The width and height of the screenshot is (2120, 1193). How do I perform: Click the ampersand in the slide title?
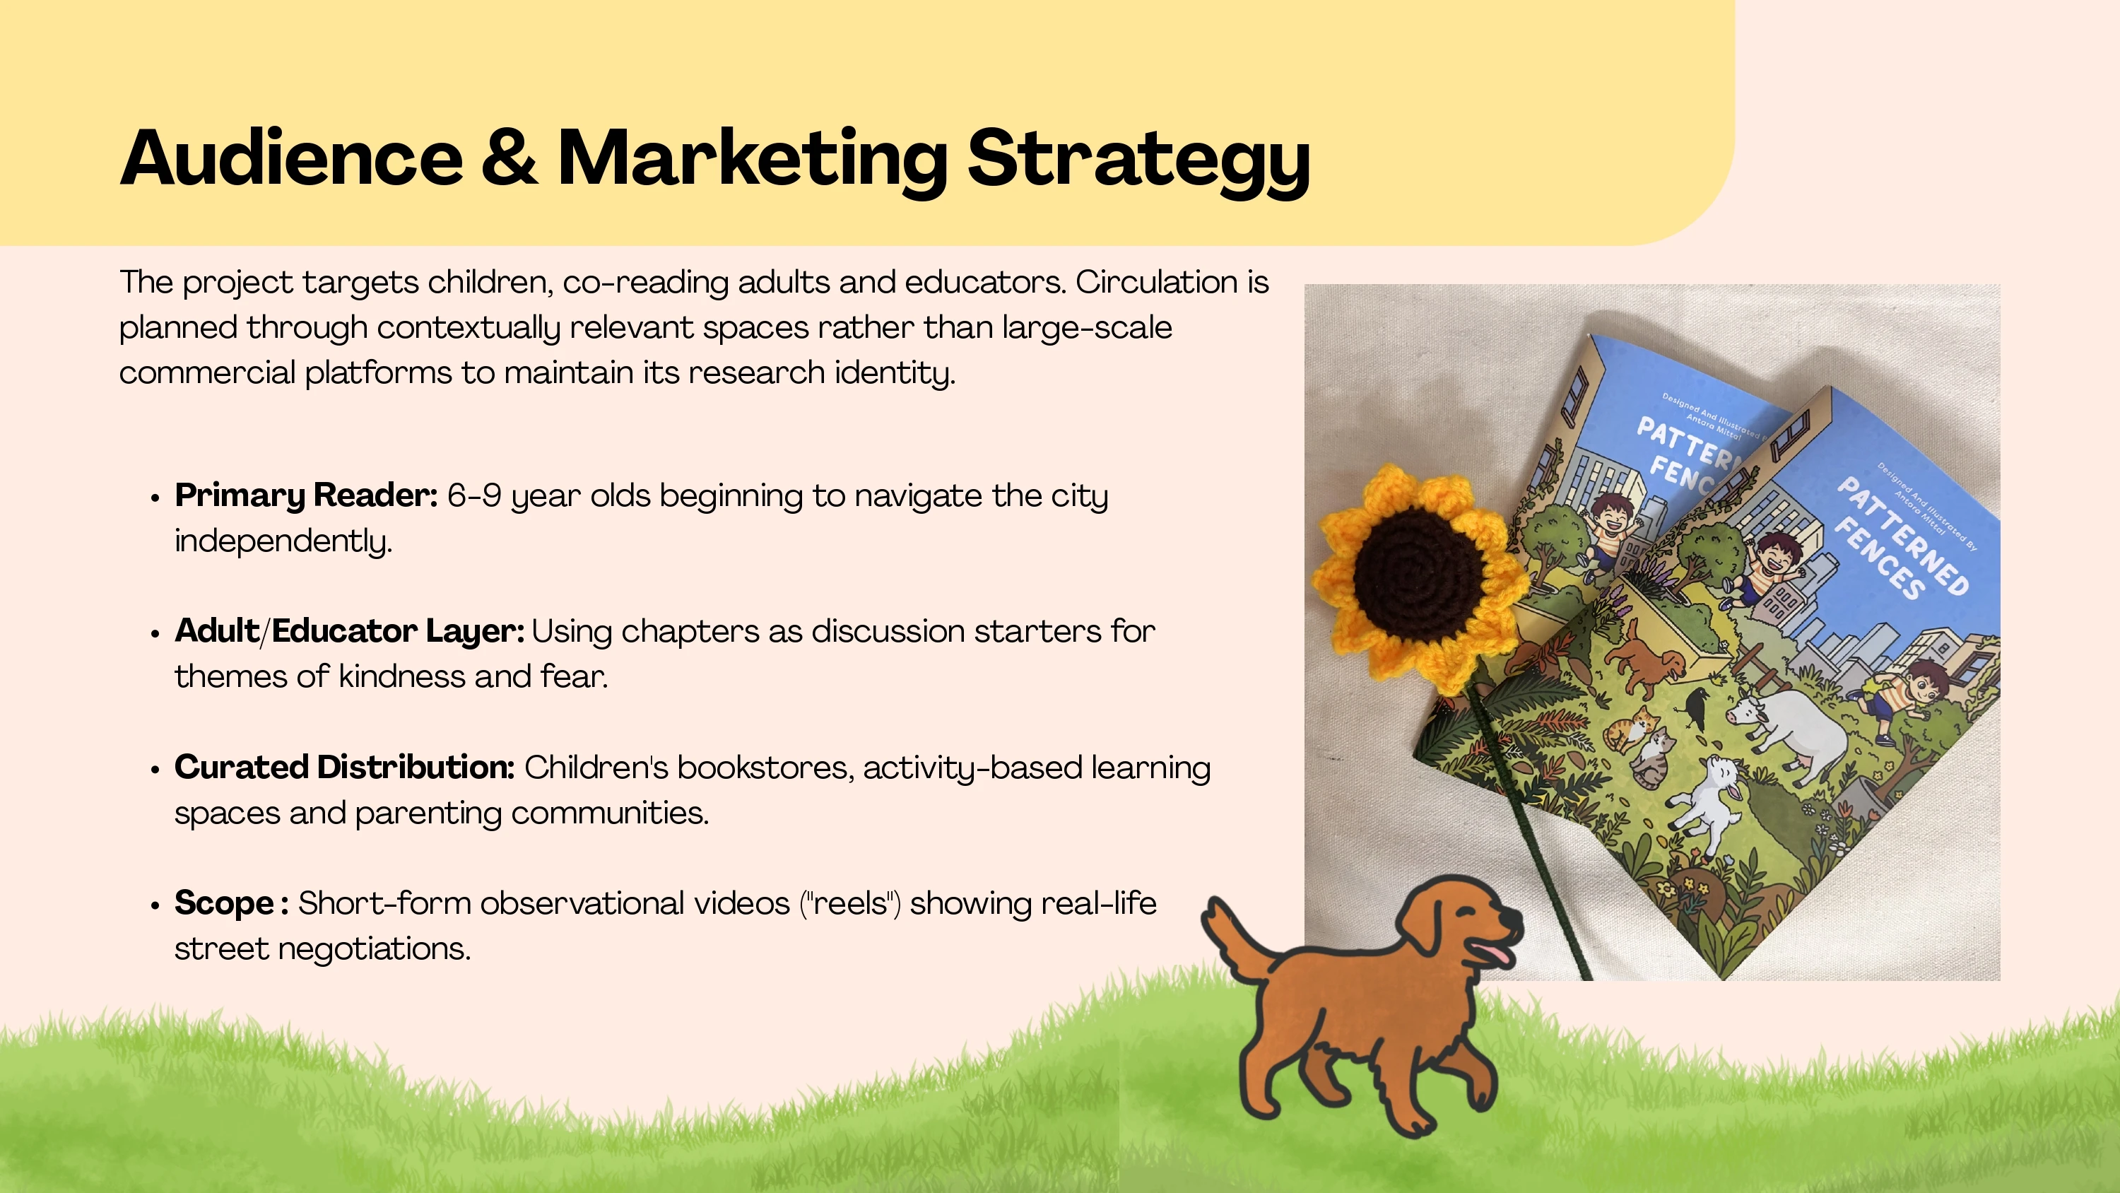click(510, 158)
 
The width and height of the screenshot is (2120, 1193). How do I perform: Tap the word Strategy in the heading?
click(1138, 162)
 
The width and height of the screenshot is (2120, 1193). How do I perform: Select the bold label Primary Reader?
click(306, 496)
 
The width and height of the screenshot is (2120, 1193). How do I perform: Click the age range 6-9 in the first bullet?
click(474, 495)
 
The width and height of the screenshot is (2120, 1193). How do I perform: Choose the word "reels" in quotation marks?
click(851, 903)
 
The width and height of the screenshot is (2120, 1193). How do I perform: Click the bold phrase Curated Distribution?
click(344, 768)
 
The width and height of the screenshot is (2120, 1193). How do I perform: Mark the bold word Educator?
click(344, 632)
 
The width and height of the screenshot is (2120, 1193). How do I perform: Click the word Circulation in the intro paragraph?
click(1156, 283)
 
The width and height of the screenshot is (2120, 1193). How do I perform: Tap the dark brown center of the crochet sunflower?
click(1419, 568)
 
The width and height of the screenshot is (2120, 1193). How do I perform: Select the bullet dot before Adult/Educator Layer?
click(155, 633)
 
